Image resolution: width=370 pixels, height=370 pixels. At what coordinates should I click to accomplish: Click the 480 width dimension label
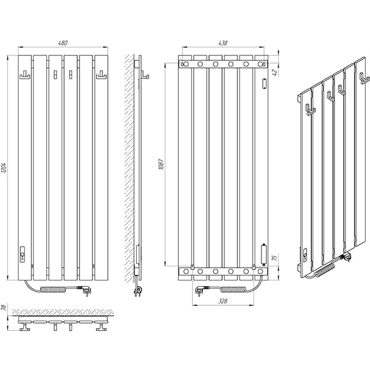63,43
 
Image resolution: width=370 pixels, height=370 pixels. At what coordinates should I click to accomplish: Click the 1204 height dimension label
4,168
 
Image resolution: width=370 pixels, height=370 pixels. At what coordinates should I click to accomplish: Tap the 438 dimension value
223,43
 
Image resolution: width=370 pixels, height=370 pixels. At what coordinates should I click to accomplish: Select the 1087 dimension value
161,165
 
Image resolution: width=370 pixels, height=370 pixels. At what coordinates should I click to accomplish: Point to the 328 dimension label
223,301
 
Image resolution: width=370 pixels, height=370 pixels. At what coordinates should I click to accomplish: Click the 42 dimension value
274,72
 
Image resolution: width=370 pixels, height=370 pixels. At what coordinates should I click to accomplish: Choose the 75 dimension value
274,258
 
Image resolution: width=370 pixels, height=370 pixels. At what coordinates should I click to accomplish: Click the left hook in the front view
25,75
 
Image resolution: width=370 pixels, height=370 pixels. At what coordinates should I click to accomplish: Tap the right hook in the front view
102,75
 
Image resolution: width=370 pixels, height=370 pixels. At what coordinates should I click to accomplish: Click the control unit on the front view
22,255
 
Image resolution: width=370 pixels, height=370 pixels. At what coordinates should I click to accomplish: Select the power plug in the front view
85,290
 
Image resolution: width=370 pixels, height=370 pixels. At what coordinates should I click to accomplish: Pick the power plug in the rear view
201,290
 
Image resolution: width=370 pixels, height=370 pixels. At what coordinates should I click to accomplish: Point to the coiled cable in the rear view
233,289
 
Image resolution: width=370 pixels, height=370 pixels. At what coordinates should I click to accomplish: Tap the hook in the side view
145,75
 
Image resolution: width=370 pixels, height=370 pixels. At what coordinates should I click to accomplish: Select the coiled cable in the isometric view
325,271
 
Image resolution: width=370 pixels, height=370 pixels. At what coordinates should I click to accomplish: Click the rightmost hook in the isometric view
364,78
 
